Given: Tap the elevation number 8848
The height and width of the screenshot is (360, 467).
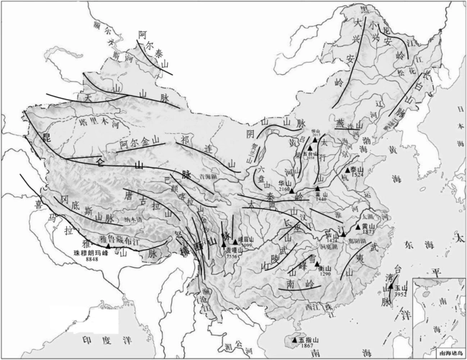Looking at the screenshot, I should [91, 259].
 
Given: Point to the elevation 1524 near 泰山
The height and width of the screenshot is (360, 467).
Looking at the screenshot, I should [358, 175].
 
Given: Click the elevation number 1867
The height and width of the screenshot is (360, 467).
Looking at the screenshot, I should [306, 346].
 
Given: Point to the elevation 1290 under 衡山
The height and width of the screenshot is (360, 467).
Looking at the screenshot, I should [325, 274].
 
